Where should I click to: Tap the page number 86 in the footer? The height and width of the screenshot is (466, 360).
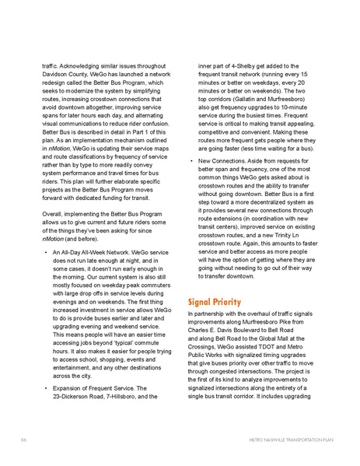click(23, 440)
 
